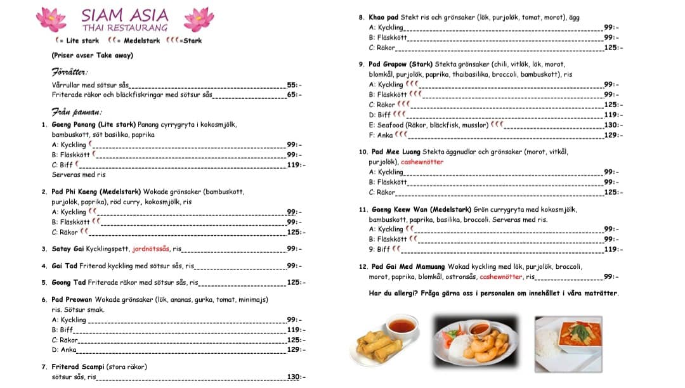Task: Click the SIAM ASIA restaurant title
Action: (x=125, y=15)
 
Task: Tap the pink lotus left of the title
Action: (x=51, y=19)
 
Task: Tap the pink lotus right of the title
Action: (x=199, y=19)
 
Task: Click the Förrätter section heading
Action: (x=70, y=72)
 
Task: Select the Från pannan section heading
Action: (x=77, y=112)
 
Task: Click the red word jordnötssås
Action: (x=152, y=249)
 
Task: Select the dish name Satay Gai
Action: (x=68, y=249)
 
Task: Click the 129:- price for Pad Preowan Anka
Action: (x=294, y=350)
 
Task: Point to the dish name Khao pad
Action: (x=384, y=18)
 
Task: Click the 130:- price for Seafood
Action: (x=611, y=125)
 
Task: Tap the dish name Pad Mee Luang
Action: (x=395, y=152)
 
